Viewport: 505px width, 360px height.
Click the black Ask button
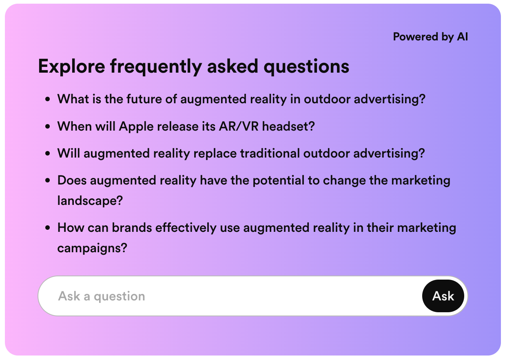443,296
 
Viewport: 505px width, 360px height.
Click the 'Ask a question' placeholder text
102,296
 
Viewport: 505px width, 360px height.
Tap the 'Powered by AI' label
430,37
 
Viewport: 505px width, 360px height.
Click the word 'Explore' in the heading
72,66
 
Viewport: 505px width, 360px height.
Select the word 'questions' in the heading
306,67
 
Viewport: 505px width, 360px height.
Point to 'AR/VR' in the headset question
239,126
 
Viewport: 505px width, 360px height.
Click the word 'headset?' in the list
288,126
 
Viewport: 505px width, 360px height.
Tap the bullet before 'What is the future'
48,99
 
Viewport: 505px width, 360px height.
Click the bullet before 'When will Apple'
48,127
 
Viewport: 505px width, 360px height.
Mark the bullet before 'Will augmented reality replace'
48,153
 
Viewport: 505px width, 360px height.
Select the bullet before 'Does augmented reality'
48,181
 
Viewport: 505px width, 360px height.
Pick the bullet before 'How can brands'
48,228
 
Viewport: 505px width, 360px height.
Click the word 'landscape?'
90,201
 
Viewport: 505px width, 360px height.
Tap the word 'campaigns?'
92,248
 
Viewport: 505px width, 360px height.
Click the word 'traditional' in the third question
270,153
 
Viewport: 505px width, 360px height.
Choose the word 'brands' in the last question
132,228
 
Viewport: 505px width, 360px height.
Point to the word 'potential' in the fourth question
279,181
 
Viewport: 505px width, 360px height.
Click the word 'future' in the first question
144,99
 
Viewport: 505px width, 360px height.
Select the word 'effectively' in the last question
186,228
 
